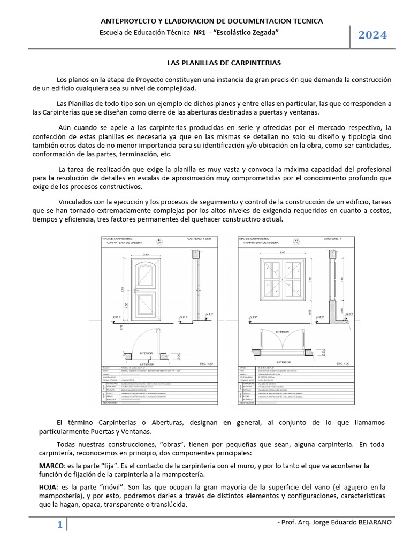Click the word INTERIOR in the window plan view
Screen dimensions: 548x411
point(282,331)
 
